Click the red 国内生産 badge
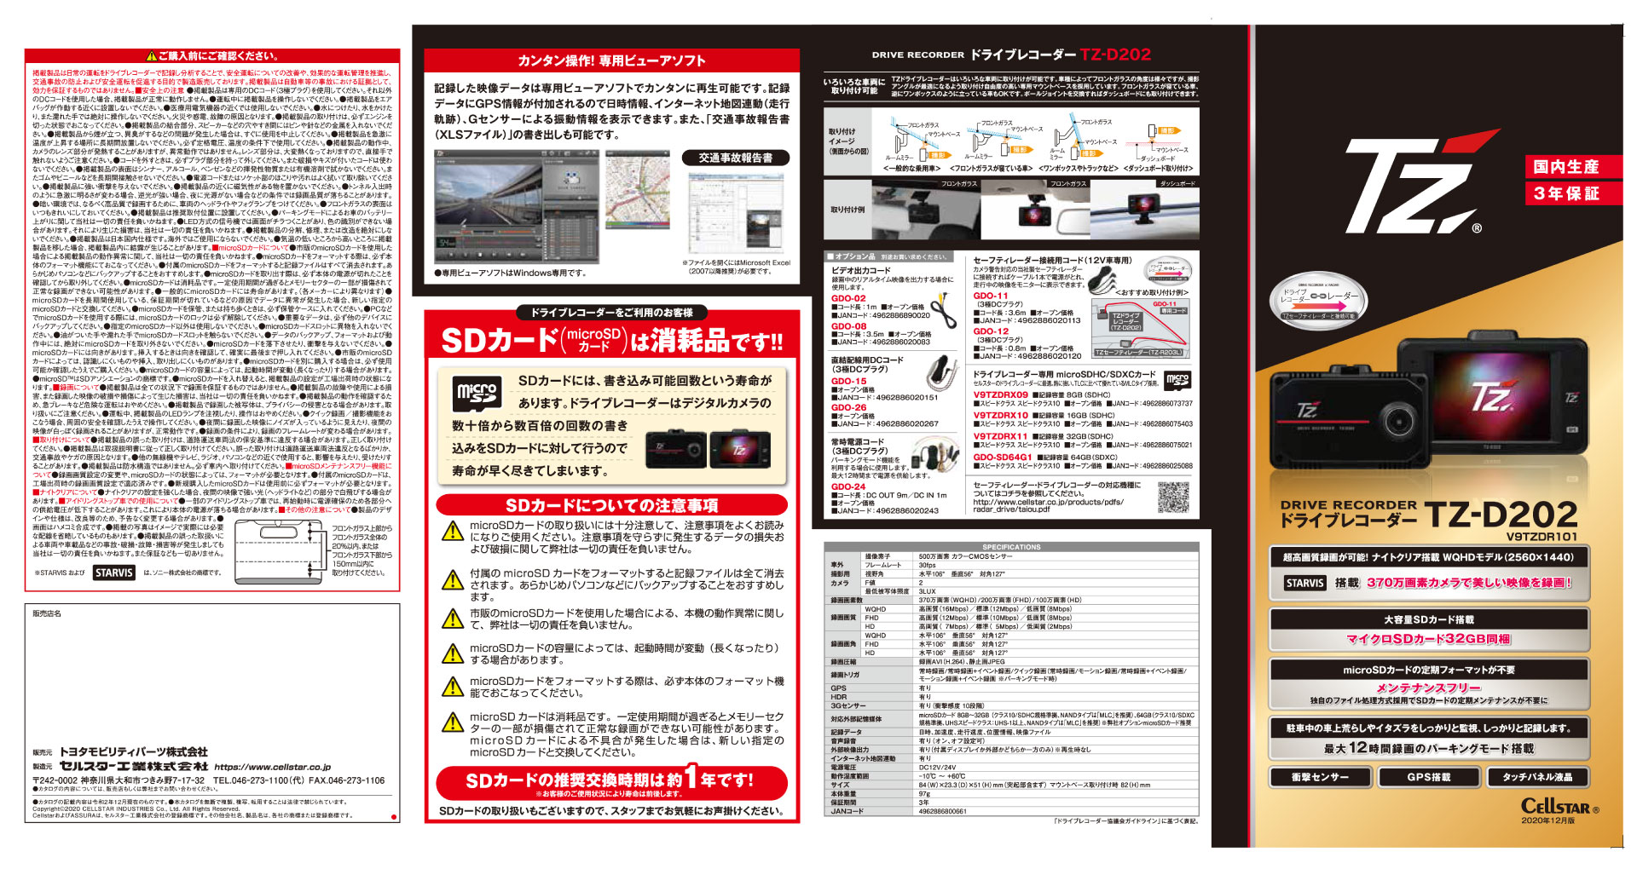(1566, 167)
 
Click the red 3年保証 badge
(1566, 193)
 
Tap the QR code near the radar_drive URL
(1173, 497)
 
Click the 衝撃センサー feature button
(1320, 777)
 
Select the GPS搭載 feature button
(1429, 777)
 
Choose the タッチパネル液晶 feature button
(1537, 777)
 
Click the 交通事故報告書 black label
(735, 158)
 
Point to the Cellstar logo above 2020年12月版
(1559, 806)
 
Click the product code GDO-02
(848, 298)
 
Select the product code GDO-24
(848, 486)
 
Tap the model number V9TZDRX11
(1001, 436)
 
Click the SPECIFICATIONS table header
(1011, 547)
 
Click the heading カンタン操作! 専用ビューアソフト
(611, 60)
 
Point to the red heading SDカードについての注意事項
(611, 505)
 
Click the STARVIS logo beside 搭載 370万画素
(1305, 583)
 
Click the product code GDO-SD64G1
(1003, 458)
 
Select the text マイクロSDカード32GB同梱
(1428, 639)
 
